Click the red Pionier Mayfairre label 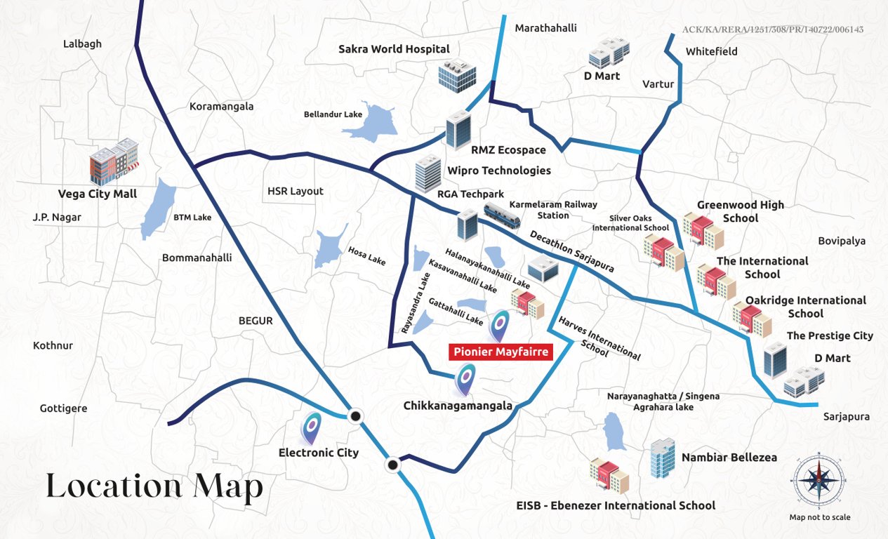point(501,352)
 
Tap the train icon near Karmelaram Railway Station point(501,215)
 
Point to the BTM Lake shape point(159,208)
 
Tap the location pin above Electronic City point(312,427)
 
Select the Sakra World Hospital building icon point(457,76)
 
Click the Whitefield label point(711,52)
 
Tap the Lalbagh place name point(82,44)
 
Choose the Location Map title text point(154,486)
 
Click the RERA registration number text point(772,29)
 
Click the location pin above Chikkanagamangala point(464,380)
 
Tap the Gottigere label point(63,408)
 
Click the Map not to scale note point(819,517)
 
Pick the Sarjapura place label point(846,417)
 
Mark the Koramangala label point(221,107)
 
